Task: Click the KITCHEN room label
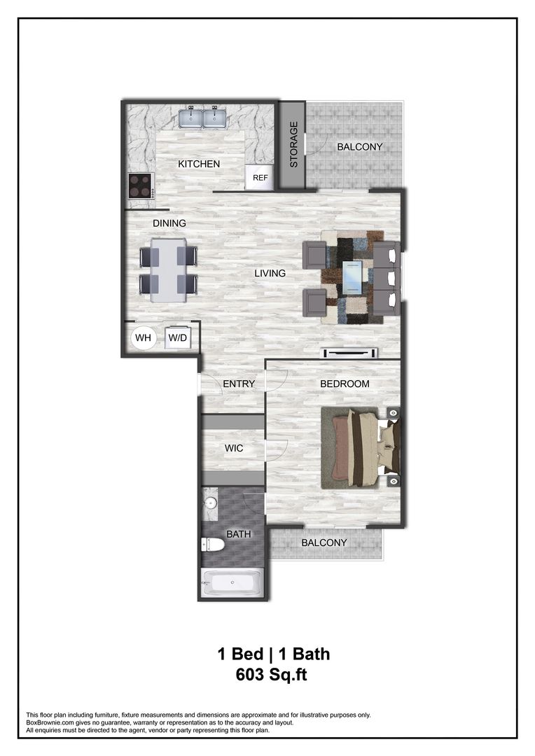[199, 164]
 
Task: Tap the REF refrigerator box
[260, 178]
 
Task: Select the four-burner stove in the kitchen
[141, 185]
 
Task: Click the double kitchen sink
[202, 118]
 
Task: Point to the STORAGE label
[294, 144]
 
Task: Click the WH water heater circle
[144, 339]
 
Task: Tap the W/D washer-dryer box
[178, 339]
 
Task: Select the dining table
[169, 270]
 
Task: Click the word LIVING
[270, 273]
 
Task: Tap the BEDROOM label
[345, 384]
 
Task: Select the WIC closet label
[234, 448]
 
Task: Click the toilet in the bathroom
[214, 544]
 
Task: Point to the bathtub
[232, 582]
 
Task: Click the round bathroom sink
[211, 502]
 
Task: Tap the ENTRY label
[238, 384]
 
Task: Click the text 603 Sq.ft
[273, 675]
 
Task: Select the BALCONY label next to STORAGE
[360, 147]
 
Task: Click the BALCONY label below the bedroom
[324, 542]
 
